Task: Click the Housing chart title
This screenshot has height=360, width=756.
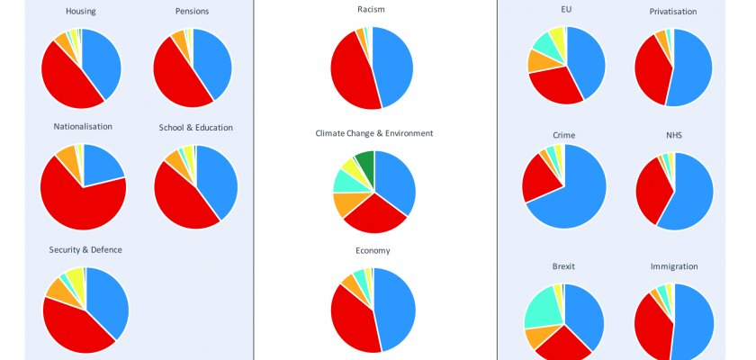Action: [x=81, y=11]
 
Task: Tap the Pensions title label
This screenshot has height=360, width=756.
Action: [x=193, y=11]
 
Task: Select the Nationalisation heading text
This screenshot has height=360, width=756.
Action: [x=83, y=126]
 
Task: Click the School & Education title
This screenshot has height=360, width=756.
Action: [x=195, y=127]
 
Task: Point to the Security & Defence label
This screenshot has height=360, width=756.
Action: [x=85, y=248]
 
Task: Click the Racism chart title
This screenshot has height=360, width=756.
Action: [x=373, y=10]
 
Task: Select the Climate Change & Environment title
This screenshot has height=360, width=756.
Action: [x=373, y=133]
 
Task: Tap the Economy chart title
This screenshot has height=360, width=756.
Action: [x=373, y=250]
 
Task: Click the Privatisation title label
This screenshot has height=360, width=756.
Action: [x=673, y=11]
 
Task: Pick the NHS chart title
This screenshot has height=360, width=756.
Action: [x=674, y=134]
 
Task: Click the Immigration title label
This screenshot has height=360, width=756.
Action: [x=674, y=266]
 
